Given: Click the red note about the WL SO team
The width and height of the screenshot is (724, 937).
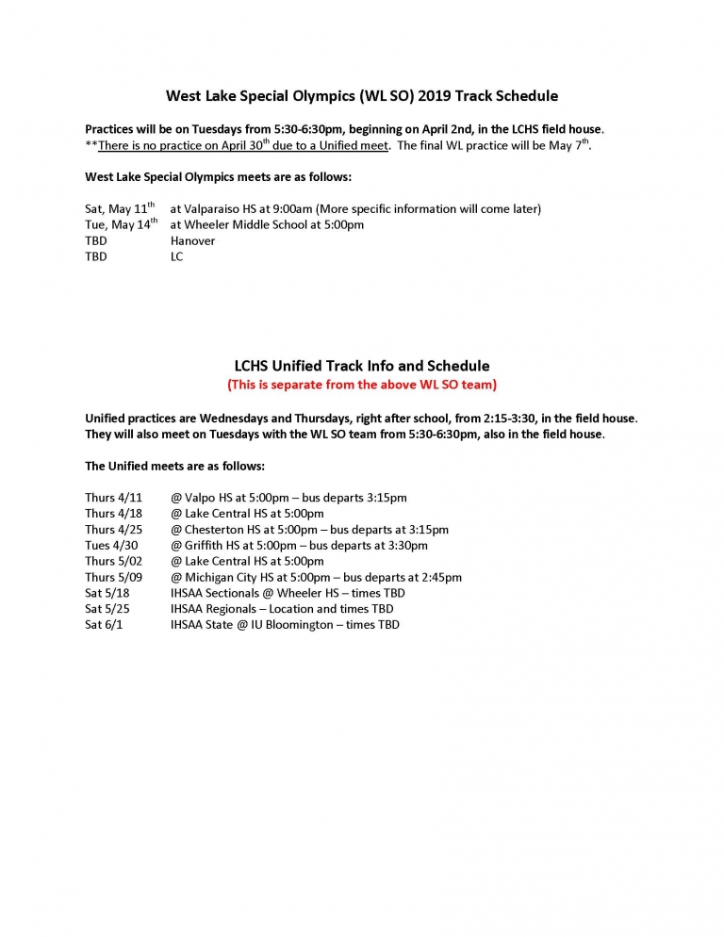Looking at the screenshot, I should click(x=361, y=385).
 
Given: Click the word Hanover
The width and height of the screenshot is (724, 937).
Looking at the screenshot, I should click(x=192, y=240).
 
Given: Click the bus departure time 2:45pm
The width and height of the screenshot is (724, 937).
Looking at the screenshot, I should click(x=440, y=577).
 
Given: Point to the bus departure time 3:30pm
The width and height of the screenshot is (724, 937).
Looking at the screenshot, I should click(x=406, y=545).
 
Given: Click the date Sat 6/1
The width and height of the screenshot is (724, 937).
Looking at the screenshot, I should click(x=104, y=625).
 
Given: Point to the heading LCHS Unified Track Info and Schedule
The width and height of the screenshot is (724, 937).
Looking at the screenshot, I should click(x=361, y=366).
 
